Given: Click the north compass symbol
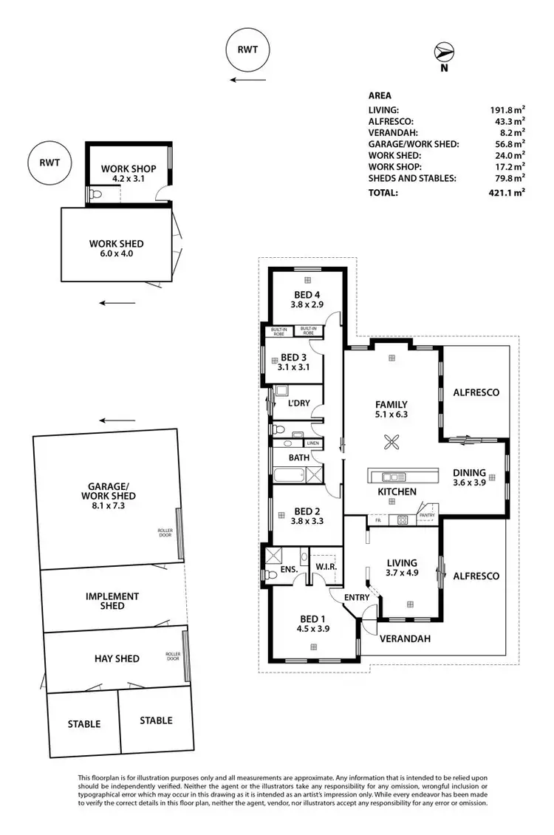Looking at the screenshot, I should tap(444, 53).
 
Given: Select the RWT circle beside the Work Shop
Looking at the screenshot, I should tap(46, 164).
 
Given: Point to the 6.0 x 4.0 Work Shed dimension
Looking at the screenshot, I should tap(116, 254).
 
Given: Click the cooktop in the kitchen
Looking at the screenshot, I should tap(403, 519).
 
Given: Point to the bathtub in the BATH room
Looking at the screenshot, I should tap(289, 475).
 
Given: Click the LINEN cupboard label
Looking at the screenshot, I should tap(313, 443).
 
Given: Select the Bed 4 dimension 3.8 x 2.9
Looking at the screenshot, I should tap(306, 304).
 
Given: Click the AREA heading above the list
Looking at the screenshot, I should tap(380, 95).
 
